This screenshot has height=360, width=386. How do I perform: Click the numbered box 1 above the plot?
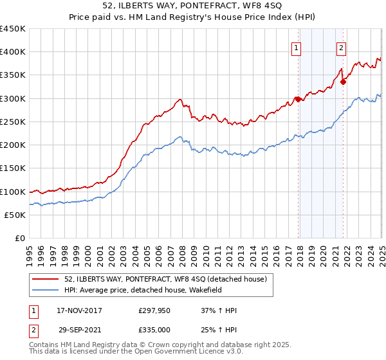pos(296,46)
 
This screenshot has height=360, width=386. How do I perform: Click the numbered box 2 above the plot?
pos(340,46)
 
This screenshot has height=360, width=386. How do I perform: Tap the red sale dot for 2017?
pos(298,99)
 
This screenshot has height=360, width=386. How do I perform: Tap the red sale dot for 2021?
pos(343,82)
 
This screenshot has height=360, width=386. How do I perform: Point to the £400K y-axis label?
pos(13,52)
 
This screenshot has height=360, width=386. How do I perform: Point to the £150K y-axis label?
pos(13,168)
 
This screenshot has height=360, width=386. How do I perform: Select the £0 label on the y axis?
pos(19,239)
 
